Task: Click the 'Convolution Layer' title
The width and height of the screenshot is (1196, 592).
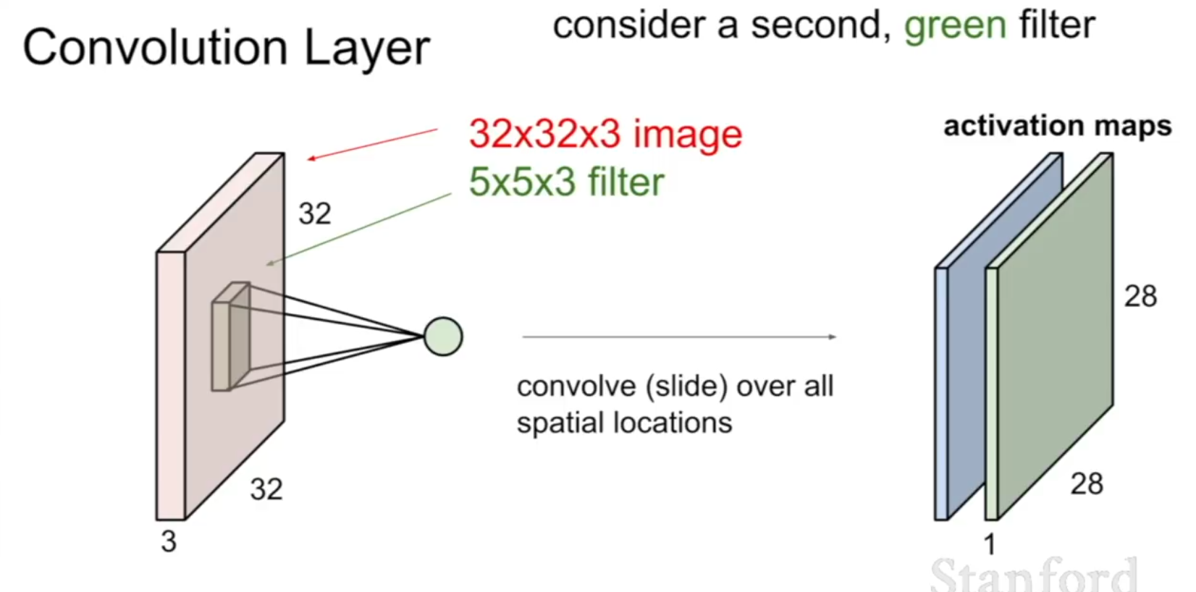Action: tap(227, 48)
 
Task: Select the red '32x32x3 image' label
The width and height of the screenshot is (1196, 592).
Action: tap(605, 133)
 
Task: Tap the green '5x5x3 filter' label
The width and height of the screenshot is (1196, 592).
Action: tap(566, 182)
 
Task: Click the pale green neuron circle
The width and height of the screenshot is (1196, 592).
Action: tap(443, 337)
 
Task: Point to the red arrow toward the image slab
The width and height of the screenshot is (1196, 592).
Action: tap(372, 144)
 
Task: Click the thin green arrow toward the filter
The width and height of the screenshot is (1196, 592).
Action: tap(359, 229)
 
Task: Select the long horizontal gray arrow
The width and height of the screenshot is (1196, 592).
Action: tap(679, 337)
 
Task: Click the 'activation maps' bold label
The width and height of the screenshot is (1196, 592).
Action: tap(1057, 127)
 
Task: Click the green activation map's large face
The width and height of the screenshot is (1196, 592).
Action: tap(1055, 337)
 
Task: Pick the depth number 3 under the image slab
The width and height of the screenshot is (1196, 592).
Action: tap(169, 541)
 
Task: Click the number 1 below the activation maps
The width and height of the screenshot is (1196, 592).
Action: tap(990, 544)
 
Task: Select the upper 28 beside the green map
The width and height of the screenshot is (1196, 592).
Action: tap(1140, 296)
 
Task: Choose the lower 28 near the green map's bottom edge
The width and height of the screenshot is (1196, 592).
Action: tap(1087, 484)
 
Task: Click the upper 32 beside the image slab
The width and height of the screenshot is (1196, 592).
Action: tap(314, 213)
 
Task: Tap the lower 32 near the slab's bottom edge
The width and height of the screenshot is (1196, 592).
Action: tap(266, 489)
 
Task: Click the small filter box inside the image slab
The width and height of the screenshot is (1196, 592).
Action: tap(231, 337)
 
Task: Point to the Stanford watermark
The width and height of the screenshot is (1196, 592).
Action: tap(1034, 575)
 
